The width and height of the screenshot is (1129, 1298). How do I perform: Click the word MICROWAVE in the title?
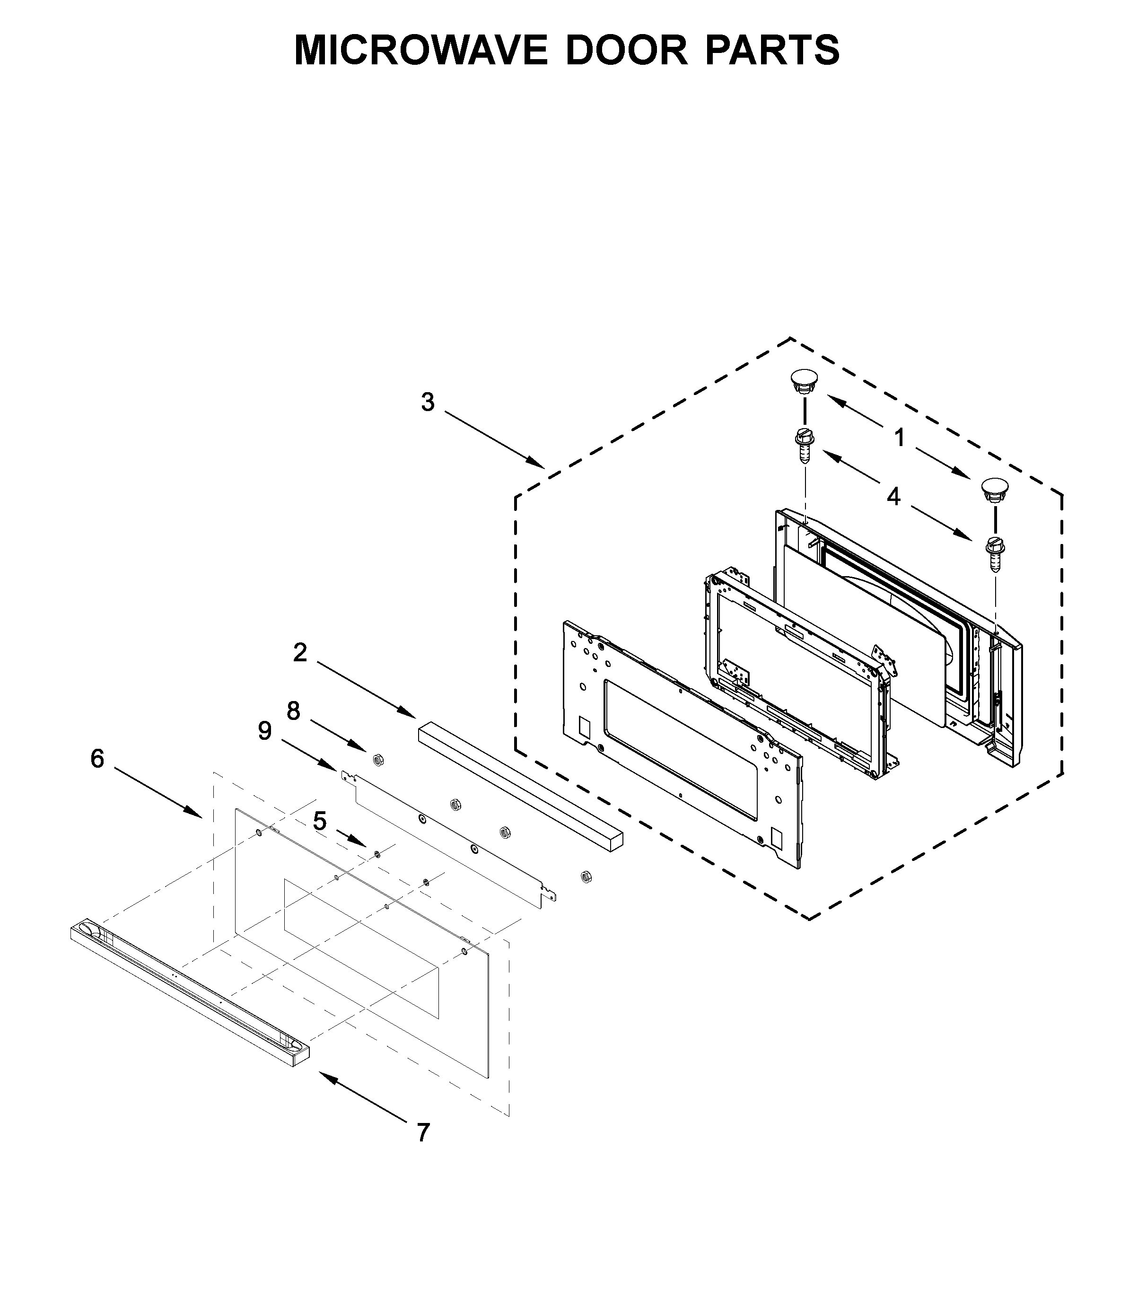click(x=421, y=51)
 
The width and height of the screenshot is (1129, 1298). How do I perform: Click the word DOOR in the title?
click(x=626, y=51)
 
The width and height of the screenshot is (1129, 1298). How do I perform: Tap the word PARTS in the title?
click(x=772, y=51)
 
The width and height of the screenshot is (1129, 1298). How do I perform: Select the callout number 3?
click(x=428, y=402)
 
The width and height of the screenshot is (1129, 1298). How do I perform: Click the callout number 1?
click(x=900, y=437)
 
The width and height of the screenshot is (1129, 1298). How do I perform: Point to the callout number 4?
click(x=893, y=497)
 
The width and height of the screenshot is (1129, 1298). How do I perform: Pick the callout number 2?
click(x=300, y=653)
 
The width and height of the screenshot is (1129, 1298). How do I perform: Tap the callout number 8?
click(x=294, y=711)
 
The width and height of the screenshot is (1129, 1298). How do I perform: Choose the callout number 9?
click(x=264, y=731)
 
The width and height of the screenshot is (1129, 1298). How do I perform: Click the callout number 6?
click(x=97, y=759)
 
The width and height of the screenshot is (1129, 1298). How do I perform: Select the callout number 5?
click(x=320, y=821)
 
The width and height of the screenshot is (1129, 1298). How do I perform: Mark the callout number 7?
click(x=423, y=1133)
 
